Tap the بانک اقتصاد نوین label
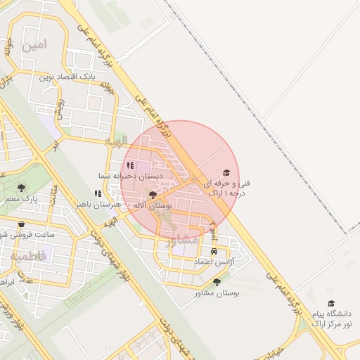click(67, 76)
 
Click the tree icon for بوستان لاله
click(153, 195)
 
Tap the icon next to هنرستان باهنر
click(98, 193)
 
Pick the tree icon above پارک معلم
click(22, 188)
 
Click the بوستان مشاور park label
click(217, 292)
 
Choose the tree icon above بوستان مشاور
click(216, 282)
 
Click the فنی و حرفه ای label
click(226, 188)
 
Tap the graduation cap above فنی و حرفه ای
click(226, 172)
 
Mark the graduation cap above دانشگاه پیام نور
click(331, 303)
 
